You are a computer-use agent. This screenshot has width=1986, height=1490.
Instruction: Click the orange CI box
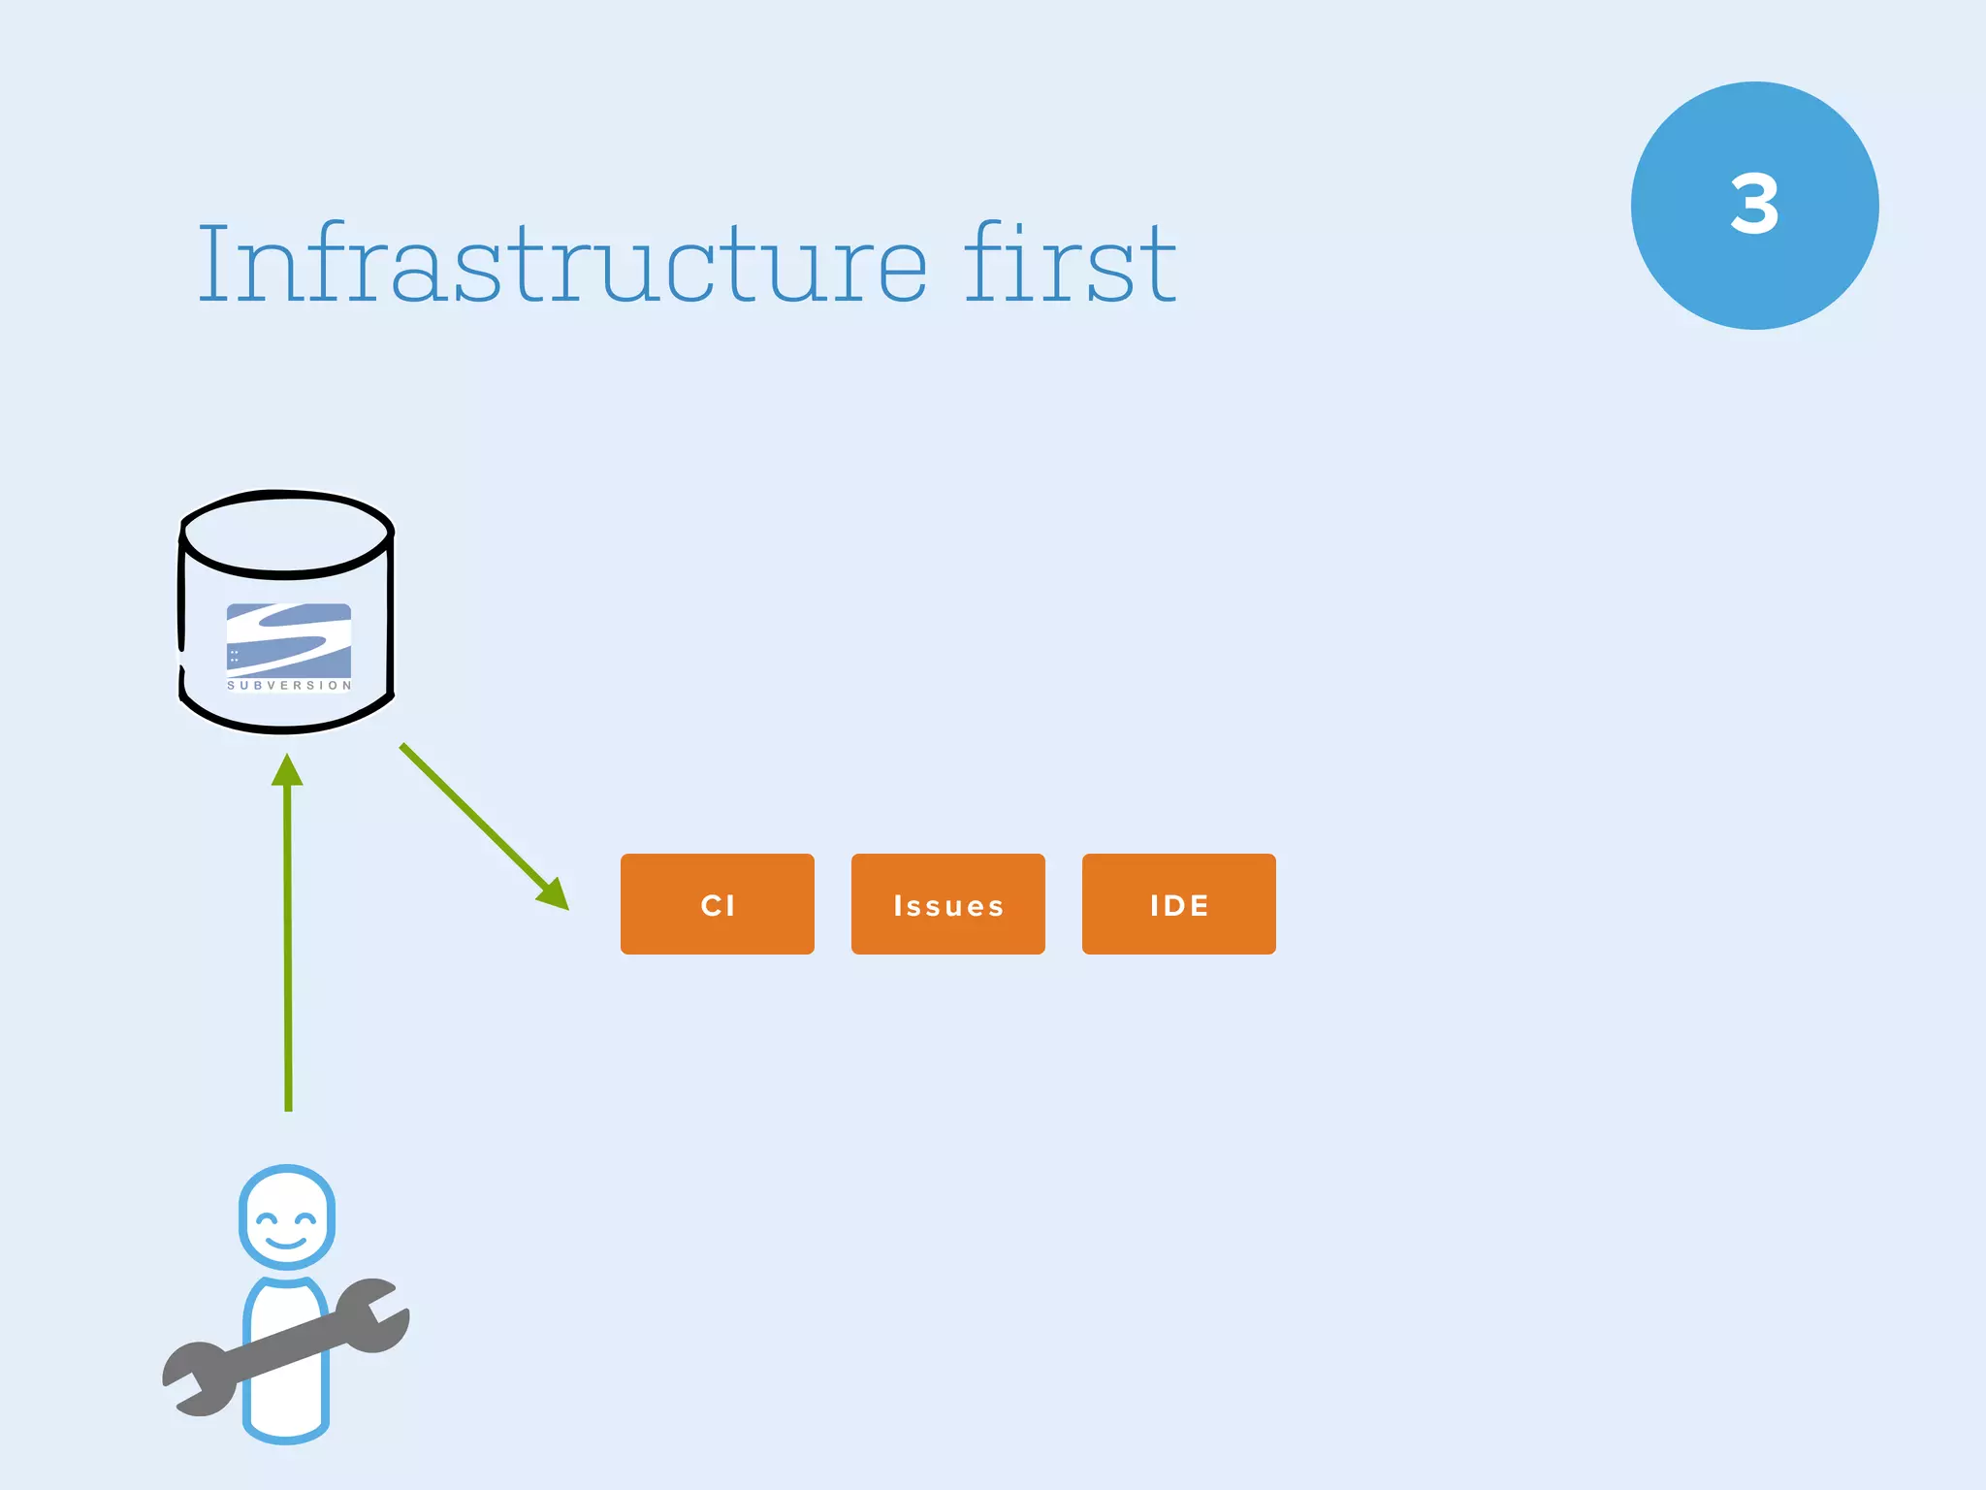click(x=717, y=904)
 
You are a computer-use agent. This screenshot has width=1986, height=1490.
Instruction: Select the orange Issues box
click(x=947, y=904)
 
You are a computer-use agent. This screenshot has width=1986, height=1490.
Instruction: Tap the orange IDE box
click(x=1178, y=904)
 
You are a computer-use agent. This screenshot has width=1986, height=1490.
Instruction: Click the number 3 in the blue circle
click(x=1754, y=205)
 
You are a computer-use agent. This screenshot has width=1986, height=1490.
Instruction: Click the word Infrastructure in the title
click(x=562, y=264)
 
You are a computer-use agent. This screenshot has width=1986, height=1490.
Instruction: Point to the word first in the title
click(x=1070, y=264)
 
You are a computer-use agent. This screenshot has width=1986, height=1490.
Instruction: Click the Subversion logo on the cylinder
click(x=289, y=640)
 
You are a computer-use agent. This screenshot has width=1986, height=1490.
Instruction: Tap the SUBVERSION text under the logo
click(x=289, y=686)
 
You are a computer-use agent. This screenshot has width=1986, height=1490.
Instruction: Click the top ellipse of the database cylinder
click(x=287, y=534)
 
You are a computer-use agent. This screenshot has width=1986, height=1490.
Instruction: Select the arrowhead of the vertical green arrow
click(x=287, y=770)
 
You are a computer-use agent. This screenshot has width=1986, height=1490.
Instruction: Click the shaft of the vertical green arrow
click(x=288, y=951)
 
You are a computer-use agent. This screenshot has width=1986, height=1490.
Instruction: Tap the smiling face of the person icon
click(x=287, y=1218)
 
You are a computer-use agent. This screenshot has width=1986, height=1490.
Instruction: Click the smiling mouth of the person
click(x=286, y=1243)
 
